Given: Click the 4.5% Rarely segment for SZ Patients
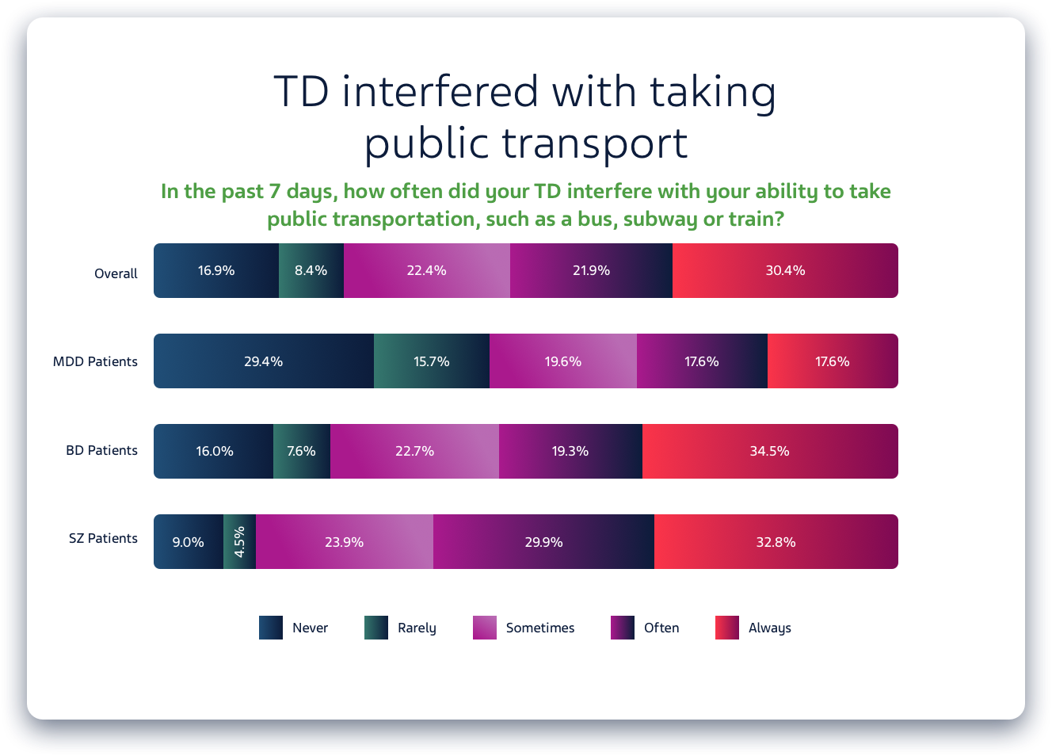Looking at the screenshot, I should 239,542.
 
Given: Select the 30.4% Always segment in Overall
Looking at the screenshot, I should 785,271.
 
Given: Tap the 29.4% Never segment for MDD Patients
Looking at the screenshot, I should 263,361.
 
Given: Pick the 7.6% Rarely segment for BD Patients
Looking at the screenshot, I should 301,452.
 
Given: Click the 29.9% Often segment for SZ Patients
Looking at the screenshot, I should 543,542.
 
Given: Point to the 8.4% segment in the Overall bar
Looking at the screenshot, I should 311,271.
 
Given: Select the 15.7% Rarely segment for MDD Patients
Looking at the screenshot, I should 431,361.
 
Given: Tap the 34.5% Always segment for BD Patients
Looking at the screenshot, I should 769,452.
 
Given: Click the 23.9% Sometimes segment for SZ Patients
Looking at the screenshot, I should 344,542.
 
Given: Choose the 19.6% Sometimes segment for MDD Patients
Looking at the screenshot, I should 562,361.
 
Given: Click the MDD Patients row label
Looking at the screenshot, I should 95,361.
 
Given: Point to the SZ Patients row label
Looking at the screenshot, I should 103,538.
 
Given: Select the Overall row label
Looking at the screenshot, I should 116,273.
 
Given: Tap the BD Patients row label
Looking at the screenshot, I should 101,450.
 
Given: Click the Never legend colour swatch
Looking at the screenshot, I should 271,628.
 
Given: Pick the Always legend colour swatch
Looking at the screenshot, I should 727,628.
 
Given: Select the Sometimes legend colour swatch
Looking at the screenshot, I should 485,628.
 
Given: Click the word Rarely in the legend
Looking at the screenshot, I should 417,628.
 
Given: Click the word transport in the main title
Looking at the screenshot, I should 594,144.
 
